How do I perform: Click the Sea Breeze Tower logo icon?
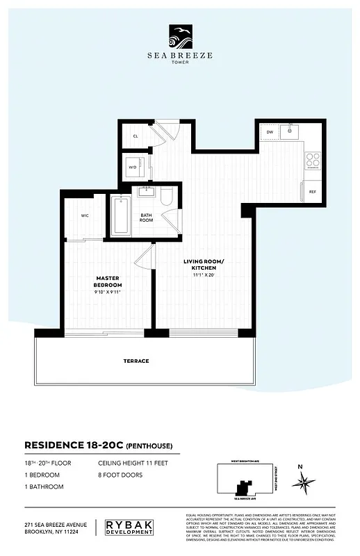click(180, 34)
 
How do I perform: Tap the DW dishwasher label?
click(270, 131)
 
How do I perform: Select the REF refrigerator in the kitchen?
click(312, 191)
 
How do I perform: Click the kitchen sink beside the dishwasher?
click(292, 131)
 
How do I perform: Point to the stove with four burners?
click(312, 160)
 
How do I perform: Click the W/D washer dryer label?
click(133, 167)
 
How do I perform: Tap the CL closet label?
click(136, 137)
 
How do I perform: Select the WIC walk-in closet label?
click(85, 215)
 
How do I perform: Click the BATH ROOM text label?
click(147, 218)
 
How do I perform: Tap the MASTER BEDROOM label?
click(108, 281)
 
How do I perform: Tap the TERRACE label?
click(137, 361)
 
